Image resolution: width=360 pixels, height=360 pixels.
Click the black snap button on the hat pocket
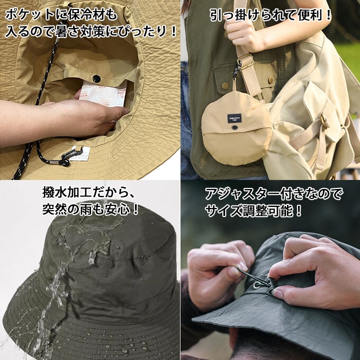tap(96, 79)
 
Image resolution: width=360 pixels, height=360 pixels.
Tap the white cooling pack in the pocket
tap(103, 94)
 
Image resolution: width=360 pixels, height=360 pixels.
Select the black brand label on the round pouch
tap(235, 118)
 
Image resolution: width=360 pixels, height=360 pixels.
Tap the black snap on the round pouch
tap(234, 127)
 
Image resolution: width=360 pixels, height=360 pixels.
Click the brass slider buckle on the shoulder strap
tap(245, 61)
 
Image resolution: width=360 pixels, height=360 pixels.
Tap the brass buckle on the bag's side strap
tap(324, 121)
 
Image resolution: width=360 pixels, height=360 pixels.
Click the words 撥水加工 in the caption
tap(67, 192)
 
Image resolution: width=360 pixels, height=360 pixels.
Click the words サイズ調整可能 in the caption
tap(249, 211)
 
